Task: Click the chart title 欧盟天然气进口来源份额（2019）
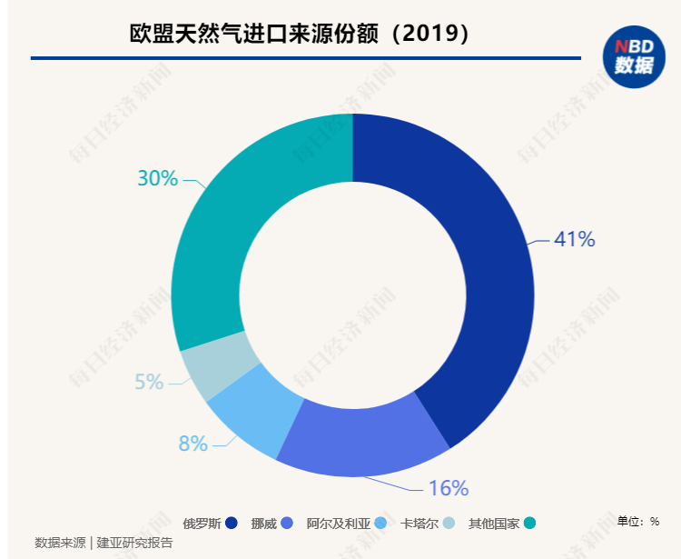tap(301, 33)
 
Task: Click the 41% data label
tap(574, 240)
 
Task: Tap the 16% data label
tap(448, 488)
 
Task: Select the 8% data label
tap(192, 444)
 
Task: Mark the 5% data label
tap(149, 383)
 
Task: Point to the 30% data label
tap(157, 178)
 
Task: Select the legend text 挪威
tap(263, 523)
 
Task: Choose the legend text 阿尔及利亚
tap(339, 523)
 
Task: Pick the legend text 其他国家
tap(494, 523)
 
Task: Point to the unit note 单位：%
tap(637, 521)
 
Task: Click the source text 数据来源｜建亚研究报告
tap(104, 543)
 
